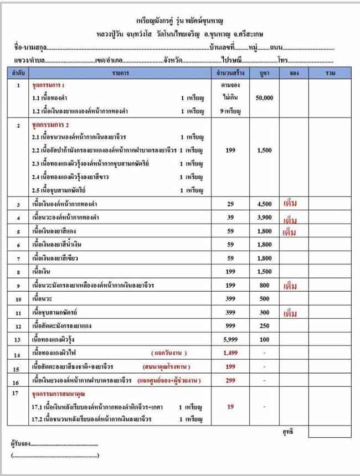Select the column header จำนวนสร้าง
point(230,73)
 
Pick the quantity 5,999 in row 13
point(230,339)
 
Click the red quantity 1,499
point(230,353)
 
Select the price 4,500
point(264,204)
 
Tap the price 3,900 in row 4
point(264,218)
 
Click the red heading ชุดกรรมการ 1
point(49,86)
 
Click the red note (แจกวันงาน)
point(169,353)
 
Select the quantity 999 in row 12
point(230,326)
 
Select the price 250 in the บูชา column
point(264,326)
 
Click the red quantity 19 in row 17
point(230,407)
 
